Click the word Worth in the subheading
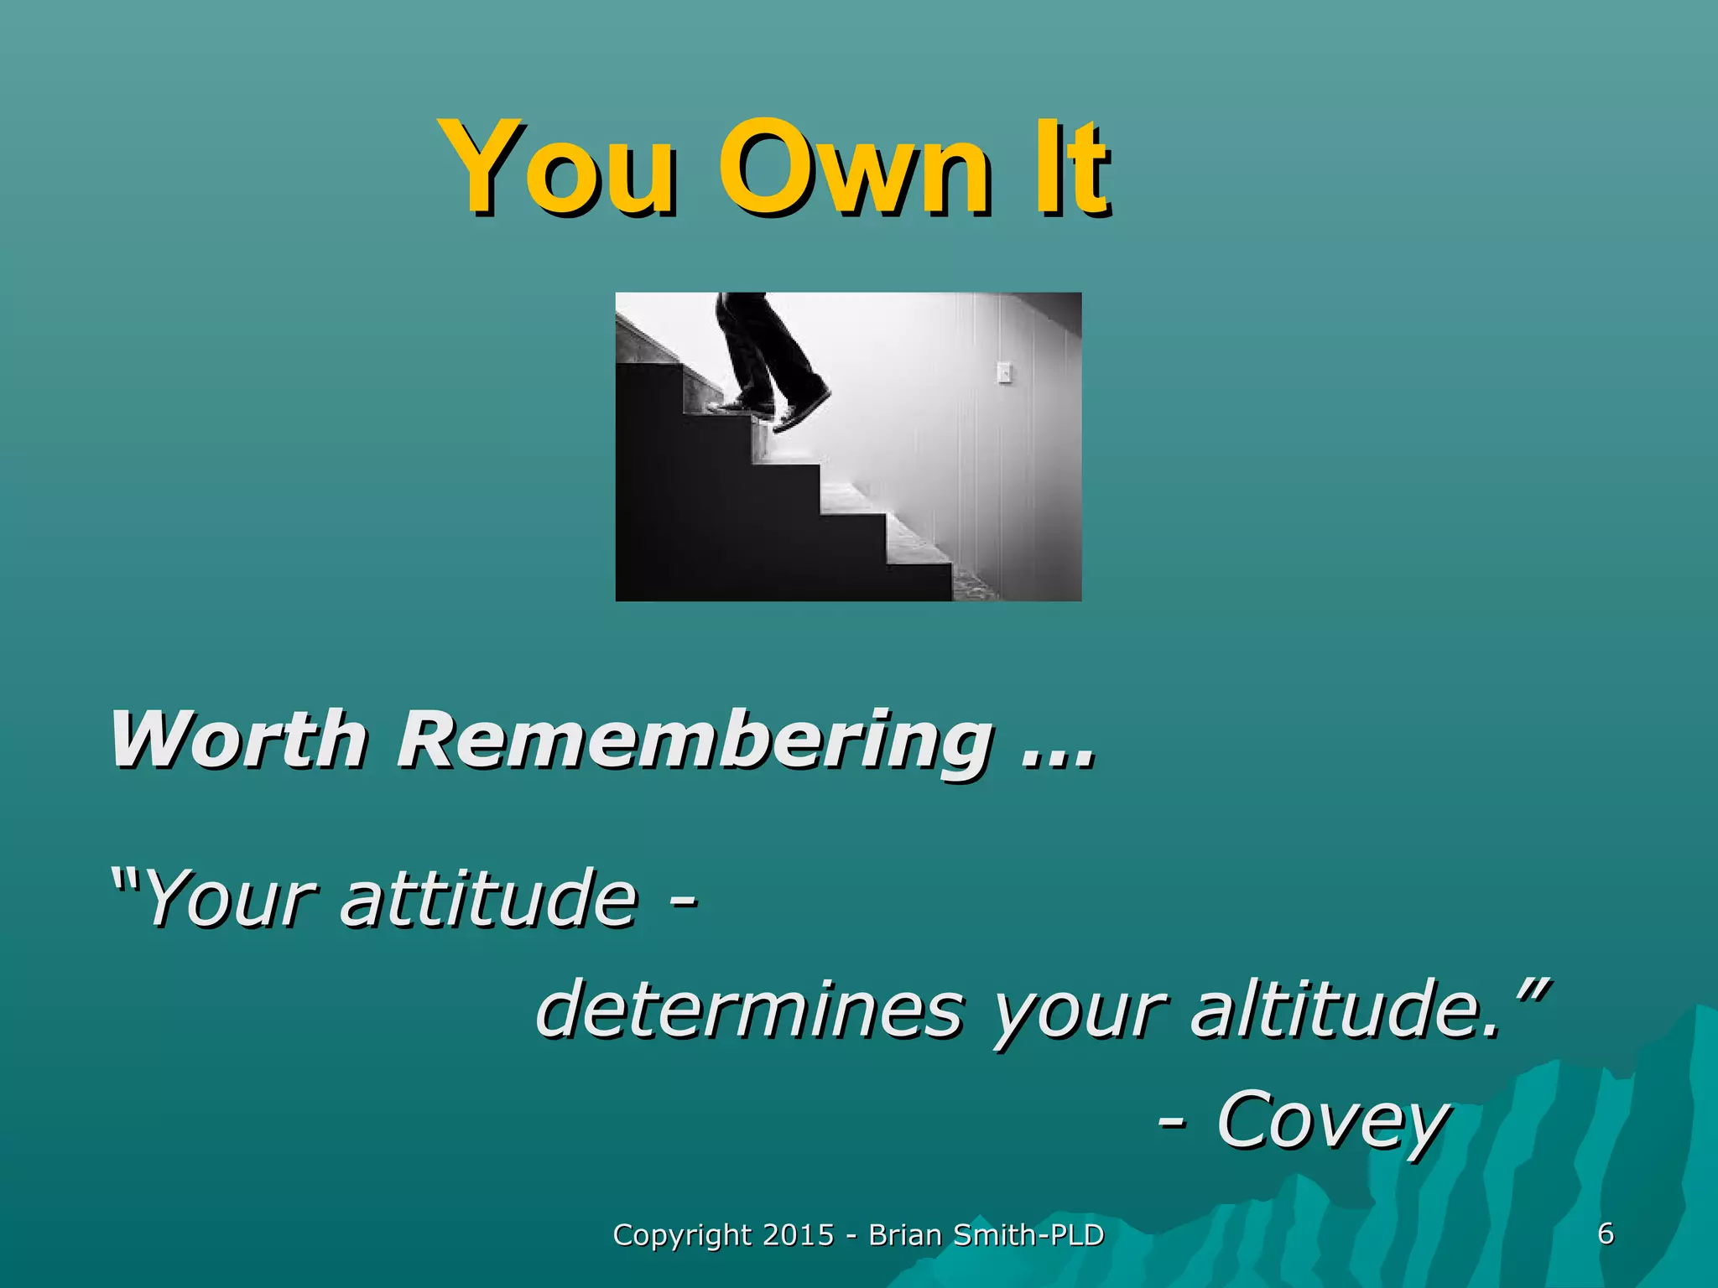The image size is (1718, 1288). (x=238, y=740)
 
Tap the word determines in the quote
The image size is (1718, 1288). (x=749, y=1010)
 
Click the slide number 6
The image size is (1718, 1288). (x=1606, y=1233)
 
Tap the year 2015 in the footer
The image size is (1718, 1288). (x=799, y=1235)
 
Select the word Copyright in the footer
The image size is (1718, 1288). (x=682, y=1236)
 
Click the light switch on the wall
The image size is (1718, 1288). (x=1004, y=372)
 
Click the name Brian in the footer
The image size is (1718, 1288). (x=903, y=1235)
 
